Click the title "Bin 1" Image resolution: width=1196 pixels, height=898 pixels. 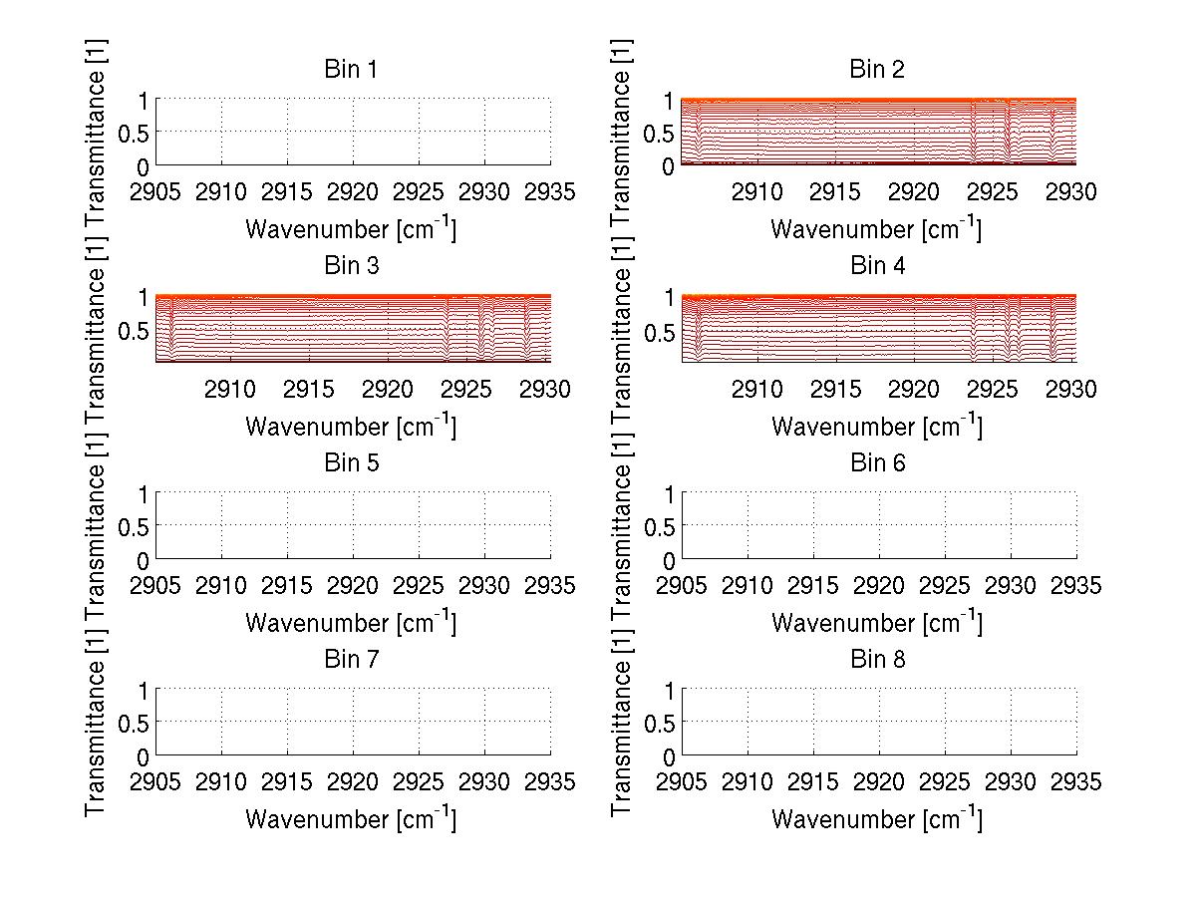(352, 70)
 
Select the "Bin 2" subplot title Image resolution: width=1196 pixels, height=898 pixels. (877, 70)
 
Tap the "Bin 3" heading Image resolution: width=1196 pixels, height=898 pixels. (352, 266)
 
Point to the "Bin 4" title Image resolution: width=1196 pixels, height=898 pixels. (877, 266)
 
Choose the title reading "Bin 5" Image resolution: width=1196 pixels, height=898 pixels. (352, 463)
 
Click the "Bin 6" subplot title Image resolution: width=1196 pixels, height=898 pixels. (877, 463)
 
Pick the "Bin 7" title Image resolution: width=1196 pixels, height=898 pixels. (352, 660)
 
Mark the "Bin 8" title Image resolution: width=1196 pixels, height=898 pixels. (877, 660)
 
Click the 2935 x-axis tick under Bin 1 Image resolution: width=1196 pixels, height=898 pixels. (550, 191)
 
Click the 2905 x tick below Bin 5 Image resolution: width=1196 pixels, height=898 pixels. (156, 585)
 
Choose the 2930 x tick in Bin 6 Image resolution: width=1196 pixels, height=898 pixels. (1011, 585)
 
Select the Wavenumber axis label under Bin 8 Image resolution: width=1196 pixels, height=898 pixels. (877, 819)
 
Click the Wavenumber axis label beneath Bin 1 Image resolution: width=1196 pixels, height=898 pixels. (351, 229)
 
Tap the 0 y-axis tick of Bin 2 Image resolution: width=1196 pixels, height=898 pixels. (667, 166)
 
